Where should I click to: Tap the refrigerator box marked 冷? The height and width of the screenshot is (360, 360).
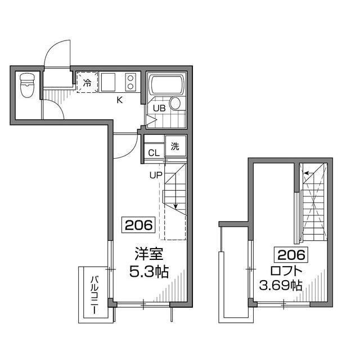pyautogui.click(x=87, y=83)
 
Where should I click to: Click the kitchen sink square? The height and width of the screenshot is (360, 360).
pyautogui.click(x=109, y=83)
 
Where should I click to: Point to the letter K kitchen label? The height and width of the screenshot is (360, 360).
pyautogui.click(x=119, y=101)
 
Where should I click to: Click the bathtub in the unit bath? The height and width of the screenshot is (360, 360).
pyautogui.click(x=166, y=85)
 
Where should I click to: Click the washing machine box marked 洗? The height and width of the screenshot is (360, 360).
pyautogui.click(x=174, y=147)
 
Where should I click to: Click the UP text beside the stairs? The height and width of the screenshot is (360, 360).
pyautogui.click(x=155, y=174)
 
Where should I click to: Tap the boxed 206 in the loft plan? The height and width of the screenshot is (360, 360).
pyautogui.click(x=291, y=255)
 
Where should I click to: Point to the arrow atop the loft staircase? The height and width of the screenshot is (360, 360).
pyautogui.click(x=307, y=173)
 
